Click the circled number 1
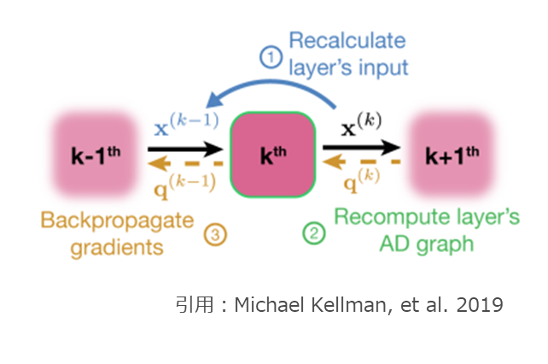[271, 57]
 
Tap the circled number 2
[314, 232]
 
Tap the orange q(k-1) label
[183, 182]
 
